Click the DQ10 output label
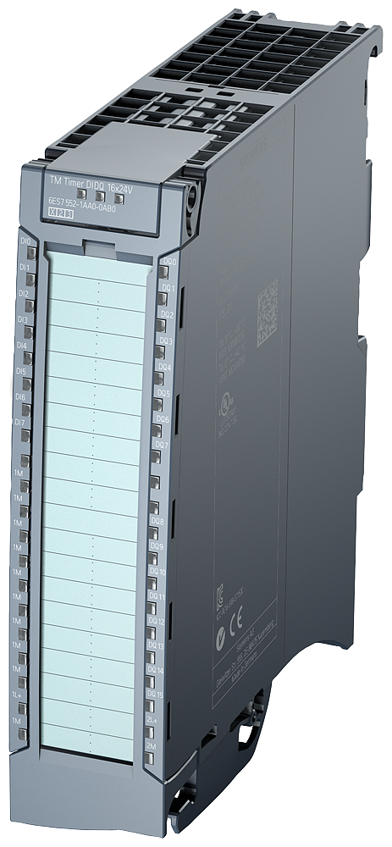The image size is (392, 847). (157, 573)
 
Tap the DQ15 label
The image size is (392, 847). (155, 695)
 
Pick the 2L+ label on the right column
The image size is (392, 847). (154, 719)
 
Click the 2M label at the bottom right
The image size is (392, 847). (153, 744)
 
